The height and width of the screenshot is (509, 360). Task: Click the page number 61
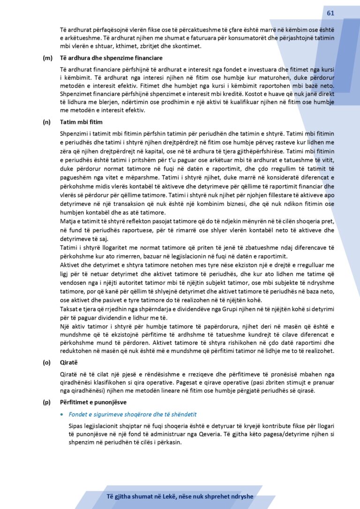pyautogui.click(x=330, y=13)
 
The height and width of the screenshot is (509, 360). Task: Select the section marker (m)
pyautogui.click(x=47, y=58)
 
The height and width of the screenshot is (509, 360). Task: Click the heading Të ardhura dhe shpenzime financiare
pyautogui.click(x=111, y=58)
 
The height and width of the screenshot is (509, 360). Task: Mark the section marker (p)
pyautogui.click(x=47, y=402)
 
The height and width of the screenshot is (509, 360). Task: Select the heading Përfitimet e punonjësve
pyautogui.click(x=97, y=402)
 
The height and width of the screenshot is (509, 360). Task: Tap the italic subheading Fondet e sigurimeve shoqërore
pyautogui.click(x=132, y=415)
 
